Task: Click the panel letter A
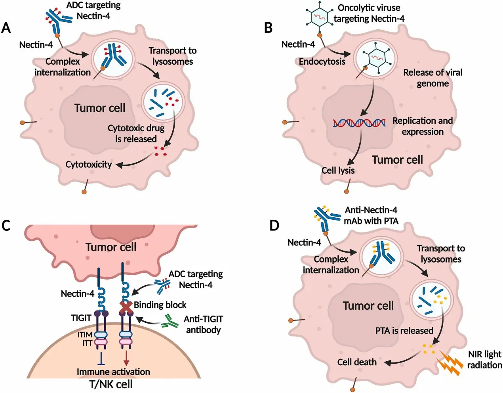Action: (x=6, y=28)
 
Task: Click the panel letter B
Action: (x=268, y=28)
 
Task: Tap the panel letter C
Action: (x=6, y=225)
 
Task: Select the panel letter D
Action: (x=274, y=225)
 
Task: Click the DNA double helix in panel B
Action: (x=359, y=123)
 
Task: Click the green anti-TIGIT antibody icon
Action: (x=170, y=321)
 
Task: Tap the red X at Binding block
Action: (x=126, y=307)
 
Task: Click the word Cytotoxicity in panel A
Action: (x=89, y=165)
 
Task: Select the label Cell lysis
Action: (x=338, y=171)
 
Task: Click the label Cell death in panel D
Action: (x=357, y=362)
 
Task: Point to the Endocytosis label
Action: (x=322, y=61)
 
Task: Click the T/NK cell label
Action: (x=111, y=384)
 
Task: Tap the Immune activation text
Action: (x=113, y=372)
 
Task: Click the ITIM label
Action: (x=85, y=335)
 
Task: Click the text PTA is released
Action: (x=404, y=331)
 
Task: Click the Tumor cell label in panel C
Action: (x=111, y=247)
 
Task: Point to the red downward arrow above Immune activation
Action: (x=126, y=357)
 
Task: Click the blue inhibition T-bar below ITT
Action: (x=101, y=358)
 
